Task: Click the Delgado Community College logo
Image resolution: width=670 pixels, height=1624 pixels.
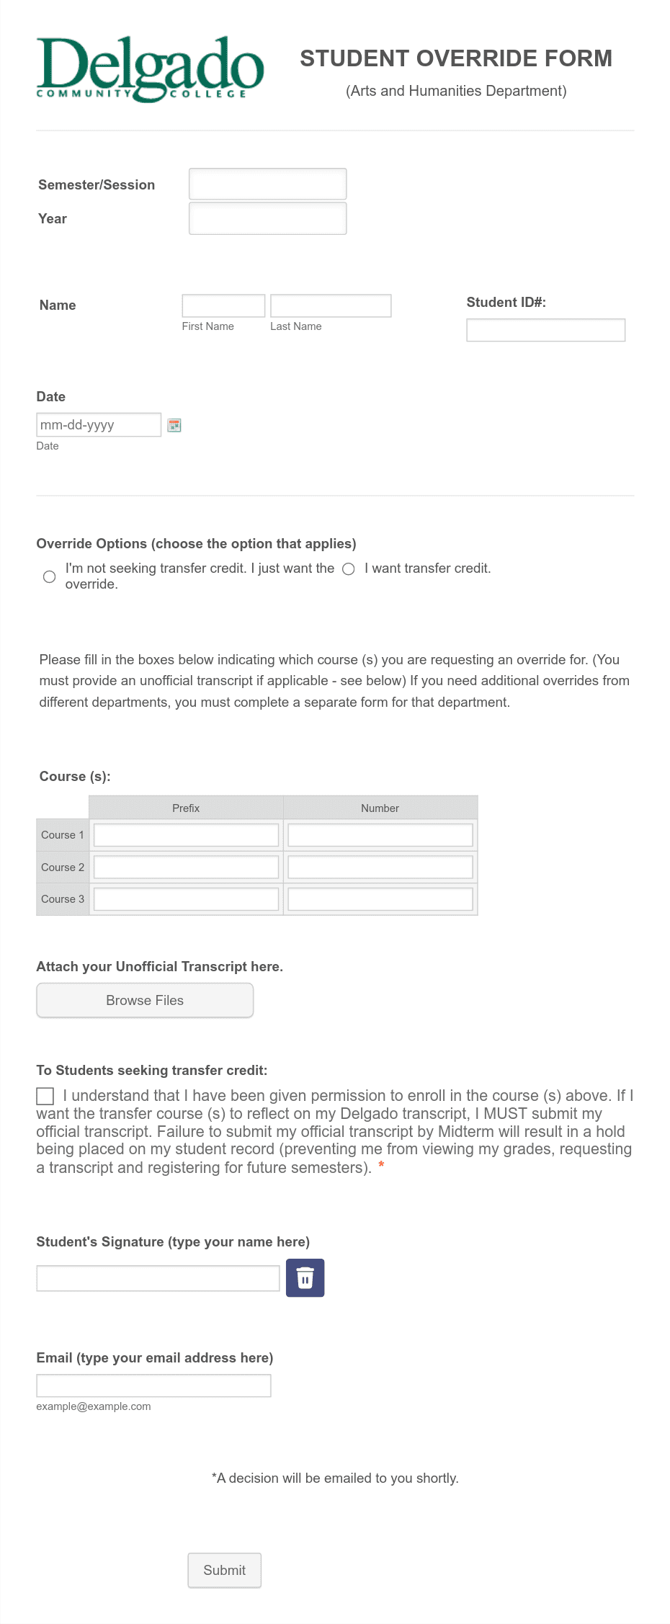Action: [150, 69]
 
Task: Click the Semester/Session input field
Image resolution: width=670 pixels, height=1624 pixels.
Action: [267, 184]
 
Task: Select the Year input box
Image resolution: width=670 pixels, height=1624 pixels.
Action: [267, 218]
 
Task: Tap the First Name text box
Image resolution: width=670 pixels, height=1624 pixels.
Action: [223, 305]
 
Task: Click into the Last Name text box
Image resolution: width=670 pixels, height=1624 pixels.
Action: [331, 305]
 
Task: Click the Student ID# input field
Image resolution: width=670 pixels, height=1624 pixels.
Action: [545, 330]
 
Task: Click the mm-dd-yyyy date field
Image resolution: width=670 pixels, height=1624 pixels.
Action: [99, 424]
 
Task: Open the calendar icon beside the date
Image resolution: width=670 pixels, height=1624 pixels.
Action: [174, 425]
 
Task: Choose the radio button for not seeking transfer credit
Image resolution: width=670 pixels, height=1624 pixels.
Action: [49, 576]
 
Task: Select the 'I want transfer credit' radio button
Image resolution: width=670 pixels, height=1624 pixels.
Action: [349, 568]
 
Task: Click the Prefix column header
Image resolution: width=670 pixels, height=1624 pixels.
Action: [186, 808]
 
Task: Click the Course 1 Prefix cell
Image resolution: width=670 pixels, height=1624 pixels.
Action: [186, 835]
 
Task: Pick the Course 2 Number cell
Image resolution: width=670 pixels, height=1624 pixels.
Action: [380, 867]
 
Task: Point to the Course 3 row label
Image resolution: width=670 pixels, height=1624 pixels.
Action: [63, 898]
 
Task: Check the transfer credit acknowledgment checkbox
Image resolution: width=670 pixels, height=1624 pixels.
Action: [45, 1096]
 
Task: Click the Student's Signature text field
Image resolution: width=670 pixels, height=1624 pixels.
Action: [158, 1278]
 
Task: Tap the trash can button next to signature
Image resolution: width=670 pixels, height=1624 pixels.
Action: [305, 1278]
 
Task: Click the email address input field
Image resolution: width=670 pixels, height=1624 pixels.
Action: [153, 1385]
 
